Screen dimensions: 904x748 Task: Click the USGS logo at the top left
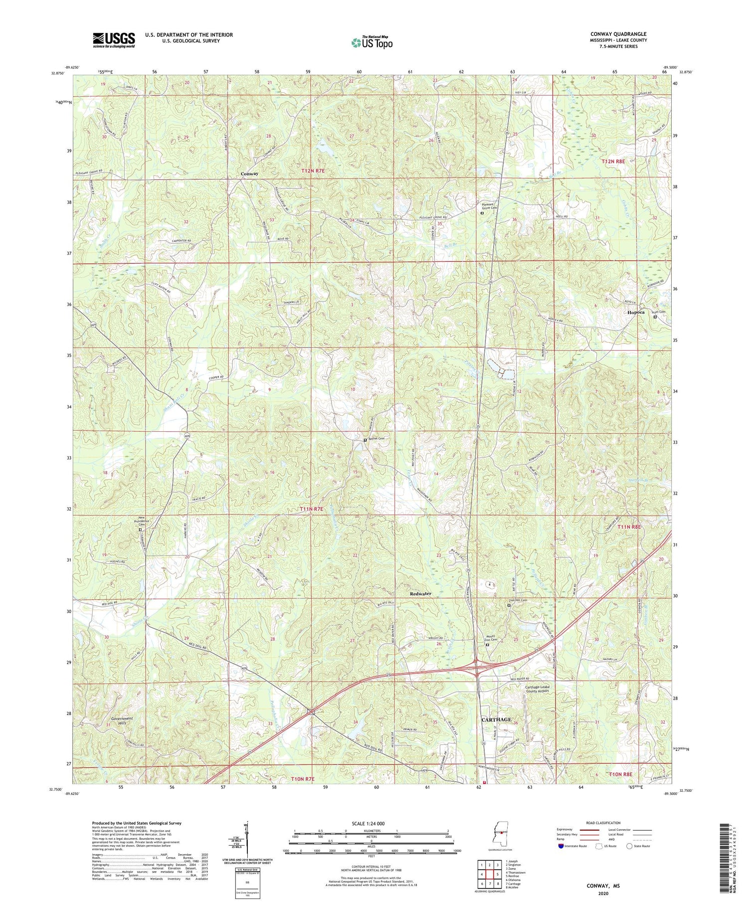[114, 39]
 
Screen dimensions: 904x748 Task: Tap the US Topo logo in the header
[372, 42]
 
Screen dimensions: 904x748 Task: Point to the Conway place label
[249, 174]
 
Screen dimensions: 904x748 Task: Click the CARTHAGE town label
[496, 719]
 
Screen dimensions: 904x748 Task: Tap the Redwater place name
[420, 594]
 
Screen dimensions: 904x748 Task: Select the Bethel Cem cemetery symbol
[365, 440]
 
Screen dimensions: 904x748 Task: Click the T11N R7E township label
[312, 509]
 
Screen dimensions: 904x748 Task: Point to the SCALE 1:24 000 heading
[371, 823]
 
